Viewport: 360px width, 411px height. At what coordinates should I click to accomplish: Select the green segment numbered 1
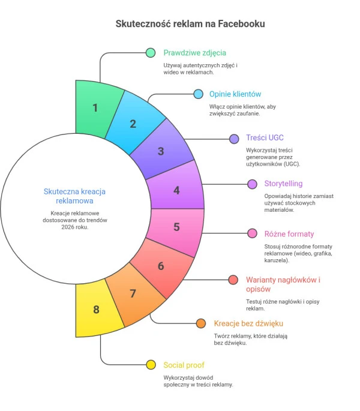[x=96, y=108]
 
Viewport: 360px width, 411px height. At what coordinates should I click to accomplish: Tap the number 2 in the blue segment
[x=133, y=124]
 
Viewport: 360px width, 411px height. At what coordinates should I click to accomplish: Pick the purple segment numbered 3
[x=161, y=151]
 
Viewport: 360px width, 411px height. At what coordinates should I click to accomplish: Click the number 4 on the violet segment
[x=176, y=190]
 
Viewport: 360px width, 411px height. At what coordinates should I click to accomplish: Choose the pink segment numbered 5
[x=176, y=227]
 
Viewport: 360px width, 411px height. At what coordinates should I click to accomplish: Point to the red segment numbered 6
[x=160, y=266]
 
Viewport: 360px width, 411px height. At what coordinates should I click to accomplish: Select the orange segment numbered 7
[x=133, y=293]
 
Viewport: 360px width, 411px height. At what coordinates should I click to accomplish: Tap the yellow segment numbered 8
[x=96, y=310]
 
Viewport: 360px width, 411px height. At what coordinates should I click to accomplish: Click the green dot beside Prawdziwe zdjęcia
[x=151, y=53]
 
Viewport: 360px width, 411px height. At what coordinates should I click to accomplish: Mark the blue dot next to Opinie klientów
[x=197, y=94]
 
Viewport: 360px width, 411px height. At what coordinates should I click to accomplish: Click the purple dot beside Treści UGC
[x=235, y=139]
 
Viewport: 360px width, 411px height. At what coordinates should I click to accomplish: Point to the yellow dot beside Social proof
[x=151, y=365]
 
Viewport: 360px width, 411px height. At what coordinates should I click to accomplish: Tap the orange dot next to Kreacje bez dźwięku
[x=201, y=324]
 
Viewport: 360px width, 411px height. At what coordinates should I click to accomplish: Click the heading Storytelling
[x=283, y=184]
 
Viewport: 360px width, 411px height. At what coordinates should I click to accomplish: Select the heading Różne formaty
[x=289, y=234]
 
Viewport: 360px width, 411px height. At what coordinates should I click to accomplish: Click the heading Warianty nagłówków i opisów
[x=283, y=284]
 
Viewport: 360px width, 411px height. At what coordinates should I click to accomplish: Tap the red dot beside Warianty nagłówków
[x=233, y=280]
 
